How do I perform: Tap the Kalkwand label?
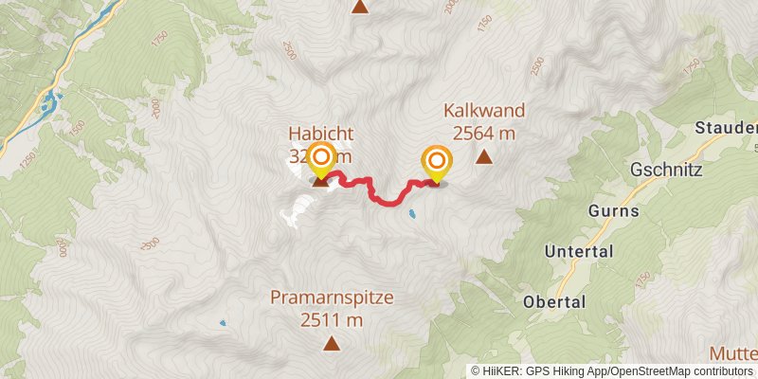(x=483, y=111)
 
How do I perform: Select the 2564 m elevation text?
(x=483, y=134)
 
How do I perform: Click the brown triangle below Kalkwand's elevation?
(x=484, y=157)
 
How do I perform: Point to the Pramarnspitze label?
(x=332, y=298)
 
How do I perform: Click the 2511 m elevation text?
(x=332, y=320)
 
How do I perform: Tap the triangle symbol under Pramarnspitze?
(x=332, y=343)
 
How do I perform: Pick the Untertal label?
(x=579, y=252)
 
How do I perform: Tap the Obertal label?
(x=553, y=301)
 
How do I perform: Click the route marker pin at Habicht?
(x=321, y=160)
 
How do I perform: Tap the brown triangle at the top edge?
(x=360, y=7)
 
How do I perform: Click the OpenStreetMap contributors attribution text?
(x=682, y=371)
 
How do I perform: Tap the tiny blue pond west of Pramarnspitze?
(x=224, y=323)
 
